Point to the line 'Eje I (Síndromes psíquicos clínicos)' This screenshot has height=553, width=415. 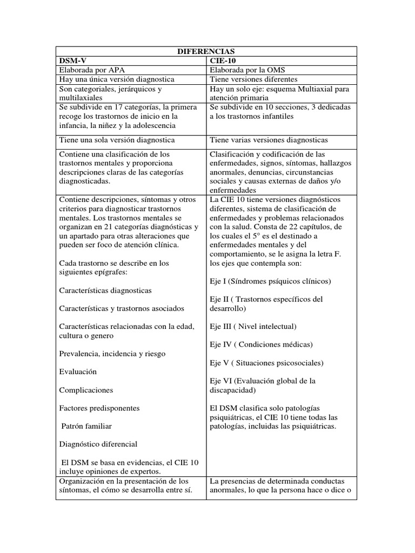pos(270,281)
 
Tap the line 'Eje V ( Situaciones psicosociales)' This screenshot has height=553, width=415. pos(266,362)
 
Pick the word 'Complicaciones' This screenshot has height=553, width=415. pos(86,389)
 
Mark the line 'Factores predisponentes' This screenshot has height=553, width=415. pos(99,408)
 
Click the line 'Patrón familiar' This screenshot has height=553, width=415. pos(88,426)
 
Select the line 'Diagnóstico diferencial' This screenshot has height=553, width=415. pos(98,444)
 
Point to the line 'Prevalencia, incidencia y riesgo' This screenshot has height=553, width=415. pos(112,353)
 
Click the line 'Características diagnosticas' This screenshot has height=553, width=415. pos(105,290)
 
